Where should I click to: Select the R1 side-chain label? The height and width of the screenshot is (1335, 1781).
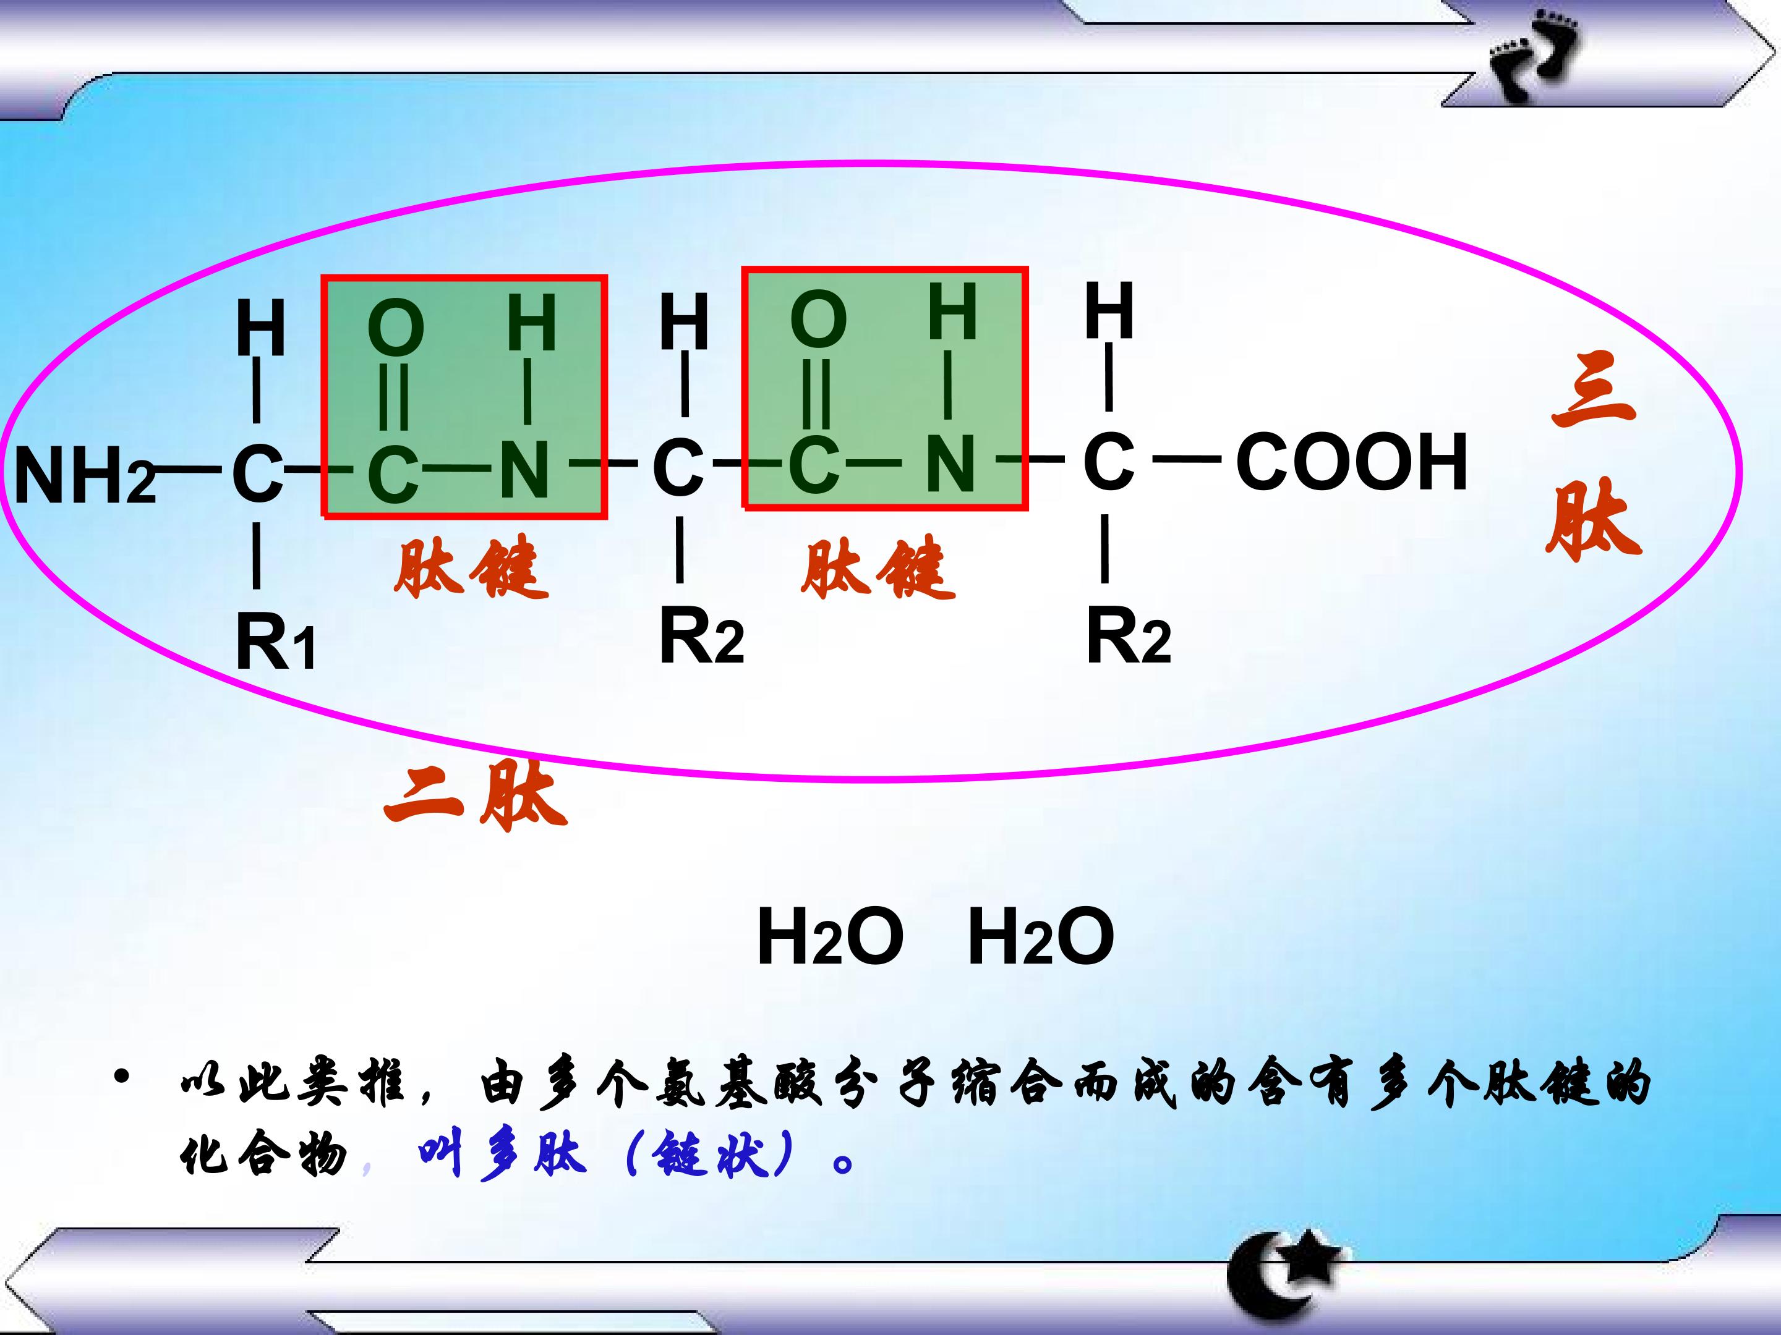pos(275,642)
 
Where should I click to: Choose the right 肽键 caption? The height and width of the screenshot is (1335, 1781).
pos(878,568)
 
